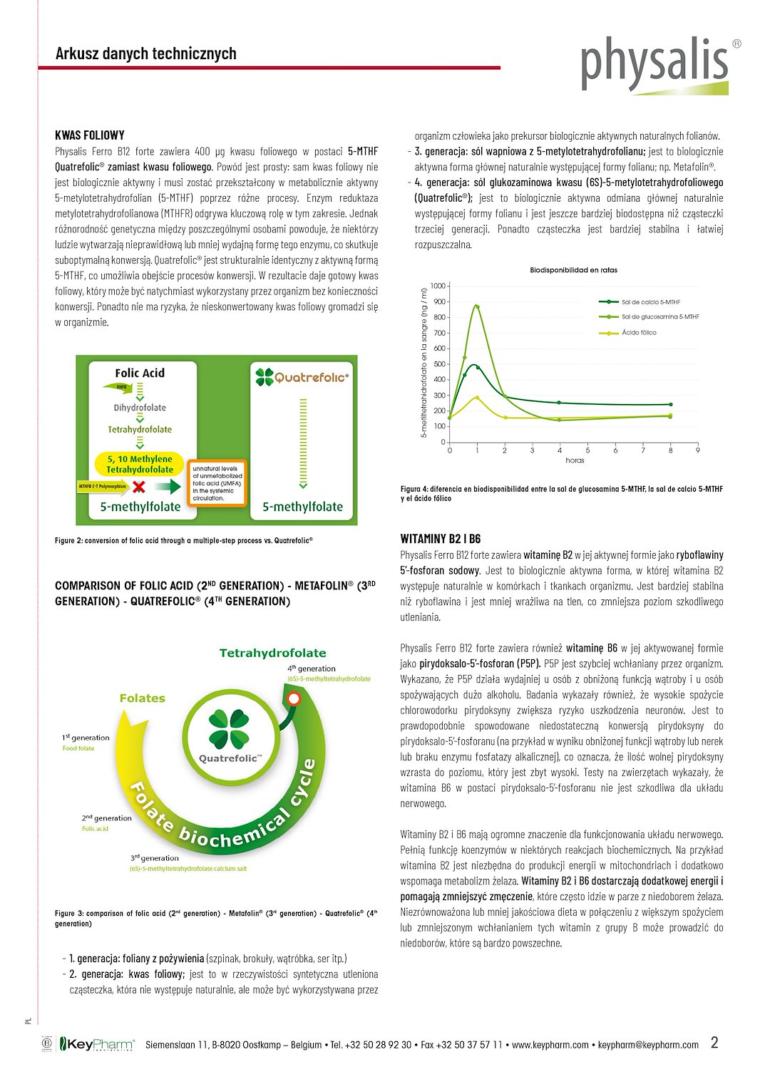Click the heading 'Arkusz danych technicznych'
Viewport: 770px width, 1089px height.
(x=146, y=53)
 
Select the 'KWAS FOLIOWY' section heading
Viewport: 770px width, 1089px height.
(x=90, y=135)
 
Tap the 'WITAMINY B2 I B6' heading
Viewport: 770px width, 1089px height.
(x=441, y=539)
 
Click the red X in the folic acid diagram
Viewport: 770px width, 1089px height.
(x=139, y=487)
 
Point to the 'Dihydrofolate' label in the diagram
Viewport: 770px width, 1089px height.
(x=140, y=408)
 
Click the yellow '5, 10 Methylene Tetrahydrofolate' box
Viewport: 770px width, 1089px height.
(x=140, y=464)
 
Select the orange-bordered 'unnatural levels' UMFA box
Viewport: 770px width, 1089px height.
(x=217, y=483)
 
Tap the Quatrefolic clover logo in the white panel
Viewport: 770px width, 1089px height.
(x=265, y=377)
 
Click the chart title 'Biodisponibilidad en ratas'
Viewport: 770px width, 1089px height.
(x=573, y=270)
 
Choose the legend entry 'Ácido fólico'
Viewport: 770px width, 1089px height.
(x=639, y=333)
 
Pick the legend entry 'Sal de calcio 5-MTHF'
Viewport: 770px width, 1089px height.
(x=650, y=302)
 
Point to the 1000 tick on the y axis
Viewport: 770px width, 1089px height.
(x=437, y=286)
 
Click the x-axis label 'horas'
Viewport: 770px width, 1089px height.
(x=575, y=460)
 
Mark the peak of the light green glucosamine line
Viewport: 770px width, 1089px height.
(x=476, y=306)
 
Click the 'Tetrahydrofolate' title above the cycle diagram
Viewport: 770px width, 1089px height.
(x=272, y=653)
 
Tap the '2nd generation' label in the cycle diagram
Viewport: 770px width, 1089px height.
(x=106, y=817)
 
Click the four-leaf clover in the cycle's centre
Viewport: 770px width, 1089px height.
(x=229, y=729)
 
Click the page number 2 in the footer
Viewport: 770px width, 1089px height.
(x=714, y=1043)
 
